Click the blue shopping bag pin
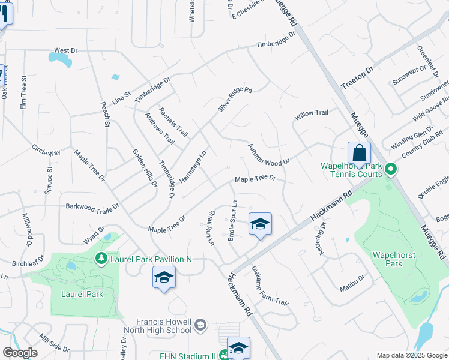point(358,154)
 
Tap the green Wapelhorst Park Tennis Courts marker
point(391,170)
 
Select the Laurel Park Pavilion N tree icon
point(101,259)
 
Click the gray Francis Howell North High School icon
point(200,325)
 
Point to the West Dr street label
point(66,51)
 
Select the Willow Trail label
point(311,113)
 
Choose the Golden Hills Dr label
point(145,168)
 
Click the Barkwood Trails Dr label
point(92,205)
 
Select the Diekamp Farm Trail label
point(270,285)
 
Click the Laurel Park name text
point(82,294)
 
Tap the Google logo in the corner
point(19,353)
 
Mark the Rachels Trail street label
point(173,122)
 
